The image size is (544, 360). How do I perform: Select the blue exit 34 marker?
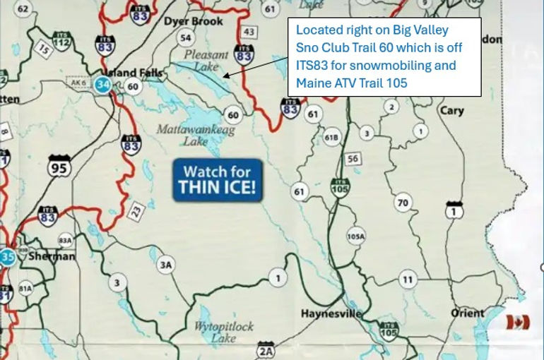[104, 85]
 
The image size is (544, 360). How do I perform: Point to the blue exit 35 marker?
[8, 256]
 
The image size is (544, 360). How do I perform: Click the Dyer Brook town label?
[193, 21]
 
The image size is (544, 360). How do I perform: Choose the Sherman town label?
[52, 256]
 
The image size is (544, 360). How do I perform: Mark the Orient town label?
[468, 312]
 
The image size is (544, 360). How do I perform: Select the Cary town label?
[451, 111]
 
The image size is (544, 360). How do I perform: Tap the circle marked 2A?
[266, 351]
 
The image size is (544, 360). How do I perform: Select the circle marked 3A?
[165, 265]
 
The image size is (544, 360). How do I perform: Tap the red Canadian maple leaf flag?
[518, 322]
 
